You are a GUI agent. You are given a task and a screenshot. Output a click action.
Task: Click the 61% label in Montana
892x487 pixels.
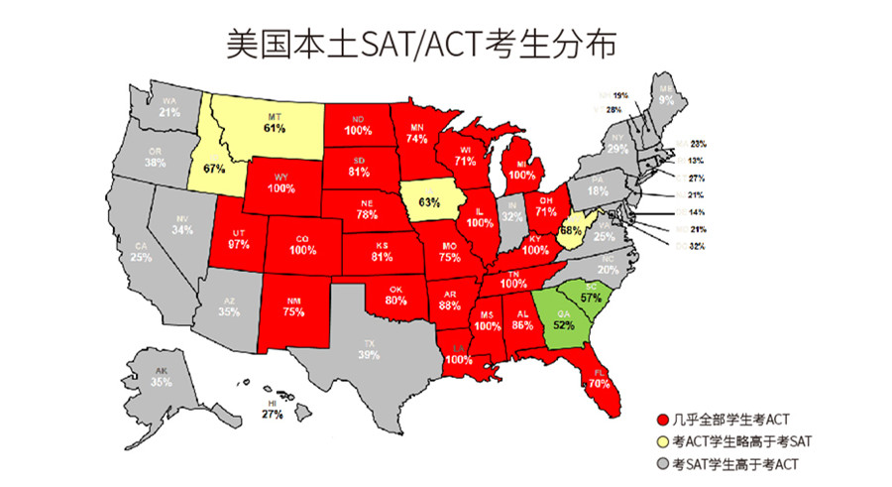275,128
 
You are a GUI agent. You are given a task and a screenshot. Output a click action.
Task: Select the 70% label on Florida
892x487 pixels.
599,382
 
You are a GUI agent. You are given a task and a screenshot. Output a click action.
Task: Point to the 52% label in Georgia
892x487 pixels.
564,324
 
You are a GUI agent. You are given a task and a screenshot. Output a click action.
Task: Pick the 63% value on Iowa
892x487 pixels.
429,202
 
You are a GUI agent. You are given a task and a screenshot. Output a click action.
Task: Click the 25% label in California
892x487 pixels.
141,257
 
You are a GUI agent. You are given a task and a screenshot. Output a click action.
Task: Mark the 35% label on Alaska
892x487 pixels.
161,382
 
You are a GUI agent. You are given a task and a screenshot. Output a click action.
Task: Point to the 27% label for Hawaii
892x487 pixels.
273,415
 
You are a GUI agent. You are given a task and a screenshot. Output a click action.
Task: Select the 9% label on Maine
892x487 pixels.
666,100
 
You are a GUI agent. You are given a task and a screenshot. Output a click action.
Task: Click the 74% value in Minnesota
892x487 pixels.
417,140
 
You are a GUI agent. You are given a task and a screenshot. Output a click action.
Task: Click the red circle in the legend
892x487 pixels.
663,423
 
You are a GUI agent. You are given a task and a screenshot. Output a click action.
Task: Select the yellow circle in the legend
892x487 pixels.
663,443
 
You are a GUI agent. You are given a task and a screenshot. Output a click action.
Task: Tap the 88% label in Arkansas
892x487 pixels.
448,305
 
